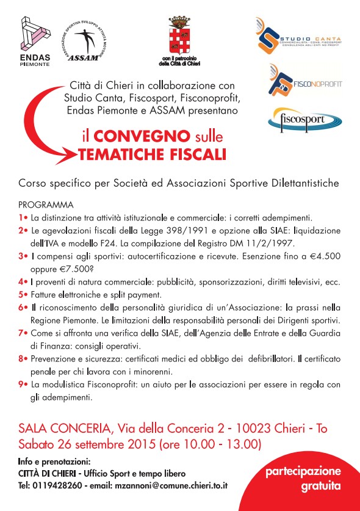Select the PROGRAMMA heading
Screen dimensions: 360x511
tap(46, 205)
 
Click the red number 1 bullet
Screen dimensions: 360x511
tap(23, 217)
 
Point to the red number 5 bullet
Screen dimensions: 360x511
tap(23, 293)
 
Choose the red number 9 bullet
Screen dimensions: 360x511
tap(23, 384)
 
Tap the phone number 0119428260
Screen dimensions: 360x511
tap(56, 485)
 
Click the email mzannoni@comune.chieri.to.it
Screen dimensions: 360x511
tap(172, 485)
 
